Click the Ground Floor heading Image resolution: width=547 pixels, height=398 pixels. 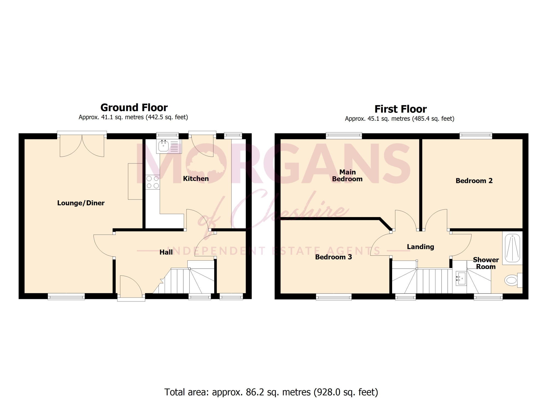point(134,108)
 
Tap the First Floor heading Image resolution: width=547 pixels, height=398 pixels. point(400,109)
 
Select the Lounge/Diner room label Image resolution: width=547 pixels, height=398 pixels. point(81,203)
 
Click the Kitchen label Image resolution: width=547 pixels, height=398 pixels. point(196,178)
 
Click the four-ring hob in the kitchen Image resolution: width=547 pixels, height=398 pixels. point(153,182)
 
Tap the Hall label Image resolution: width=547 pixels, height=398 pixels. point(166,252)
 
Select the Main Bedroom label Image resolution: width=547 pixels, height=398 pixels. point(347,175)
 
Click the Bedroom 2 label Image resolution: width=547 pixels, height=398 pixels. point(474,181)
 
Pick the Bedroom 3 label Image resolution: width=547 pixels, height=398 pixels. point(333,257)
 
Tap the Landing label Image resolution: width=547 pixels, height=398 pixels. point(420,247)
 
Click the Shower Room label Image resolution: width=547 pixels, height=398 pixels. point(486,263)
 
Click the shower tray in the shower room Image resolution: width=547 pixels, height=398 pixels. point(513,248)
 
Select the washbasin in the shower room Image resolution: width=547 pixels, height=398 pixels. point(461,279)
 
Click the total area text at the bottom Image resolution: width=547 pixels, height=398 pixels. point(271,392)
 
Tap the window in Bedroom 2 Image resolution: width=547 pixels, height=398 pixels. point(476,135)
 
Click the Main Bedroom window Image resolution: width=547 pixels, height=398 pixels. point(344,135)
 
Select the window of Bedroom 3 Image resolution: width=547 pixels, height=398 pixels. point(334,297)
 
